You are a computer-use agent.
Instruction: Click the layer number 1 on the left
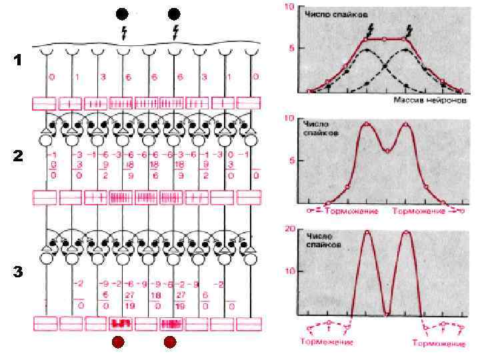[18, 61]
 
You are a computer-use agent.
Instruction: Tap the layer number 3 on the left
[18, 272]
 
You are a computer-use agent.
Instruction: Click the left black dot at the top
[121, 14]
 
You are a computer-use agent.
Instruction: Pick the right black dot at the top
[174, 14]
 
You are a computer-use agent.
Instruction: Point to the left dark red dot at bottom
[117, 343]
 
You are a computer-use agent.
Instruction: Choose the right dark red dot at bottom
[169, 343]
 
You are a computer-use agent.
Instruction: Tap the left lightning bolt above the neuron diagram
[123, 31]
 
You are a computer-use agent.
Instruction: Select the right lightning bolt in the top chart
[409, 30]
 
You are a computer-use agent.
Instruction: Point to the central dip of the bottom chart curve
[387, 313]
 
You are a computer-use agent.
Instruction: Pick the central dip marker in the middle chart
[387, 151]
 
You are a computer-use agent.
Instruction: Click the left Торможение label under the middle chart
[352, 211]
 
